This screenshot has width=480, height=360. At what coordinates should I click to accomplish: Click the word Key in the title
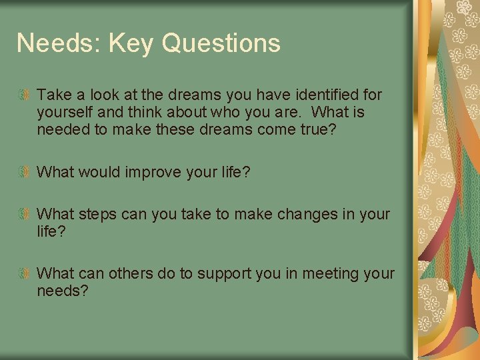coord(131,44)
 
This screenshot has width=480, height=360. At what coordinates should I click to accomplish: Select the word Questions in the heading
coord(221,44)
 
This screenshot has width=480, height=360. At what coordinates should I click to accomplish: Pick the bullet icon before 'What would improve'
coord(25,173)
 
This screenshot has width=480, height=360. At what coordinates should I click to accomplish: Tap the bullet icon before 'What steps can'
coord(25,215)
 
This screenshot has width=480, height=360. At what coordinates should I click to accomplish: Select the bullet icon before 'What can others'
coord(25,274)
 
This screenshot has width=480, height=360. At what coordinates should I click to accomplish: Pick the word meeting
coord(316,274)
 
